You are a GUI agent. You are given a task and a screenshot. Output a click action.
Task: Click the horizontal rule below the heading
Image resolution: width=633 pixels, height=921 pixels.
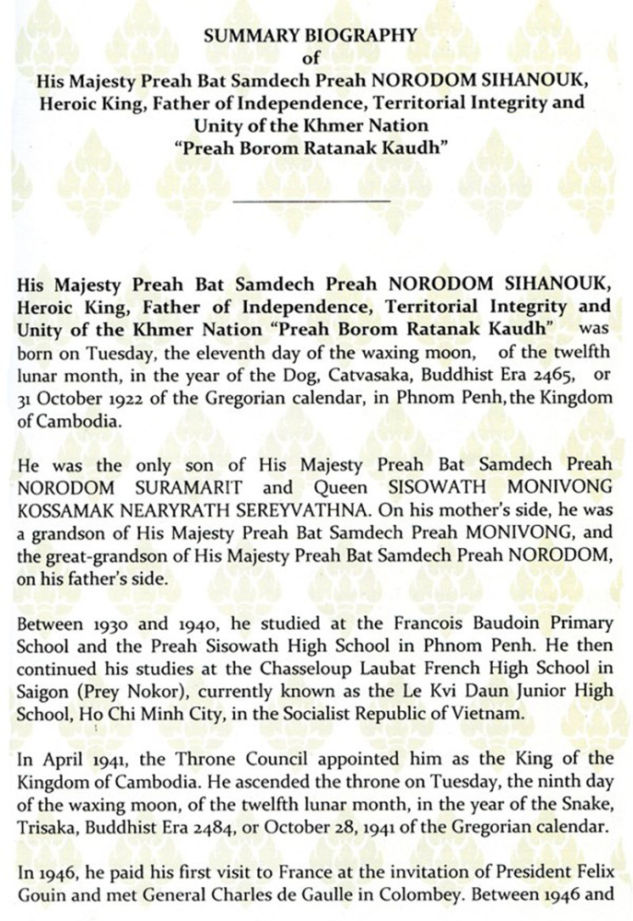tap(313, 200)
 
